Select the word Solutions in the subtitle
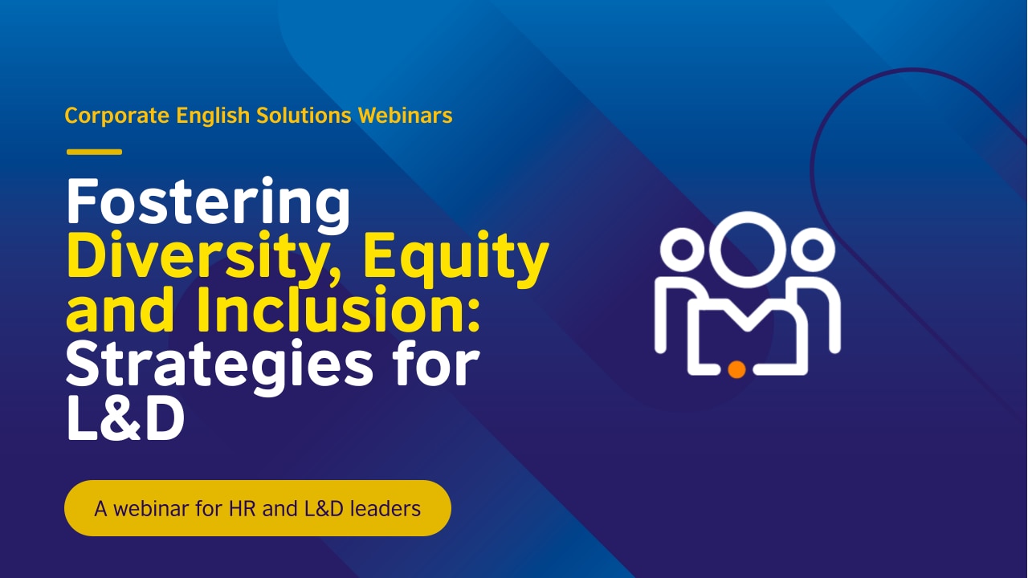click(305, 116)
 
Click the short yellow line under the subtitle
click(94, 152)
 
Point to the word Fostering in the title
click(208, 203)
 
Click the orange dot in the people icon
click(736, 368)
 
